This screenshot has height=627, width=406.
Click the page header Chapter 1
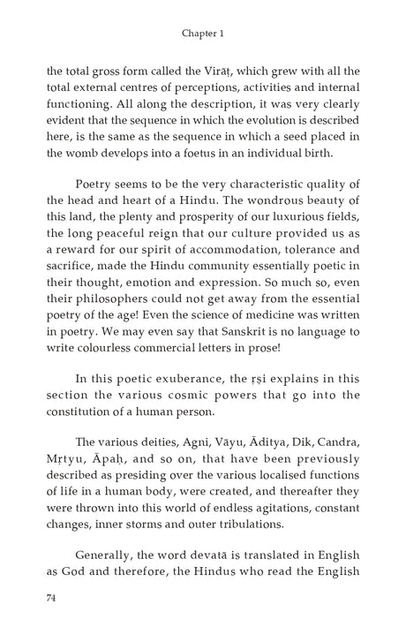tap(203, 33)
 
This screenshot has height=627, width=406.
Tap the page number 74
tap(51, 598)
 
